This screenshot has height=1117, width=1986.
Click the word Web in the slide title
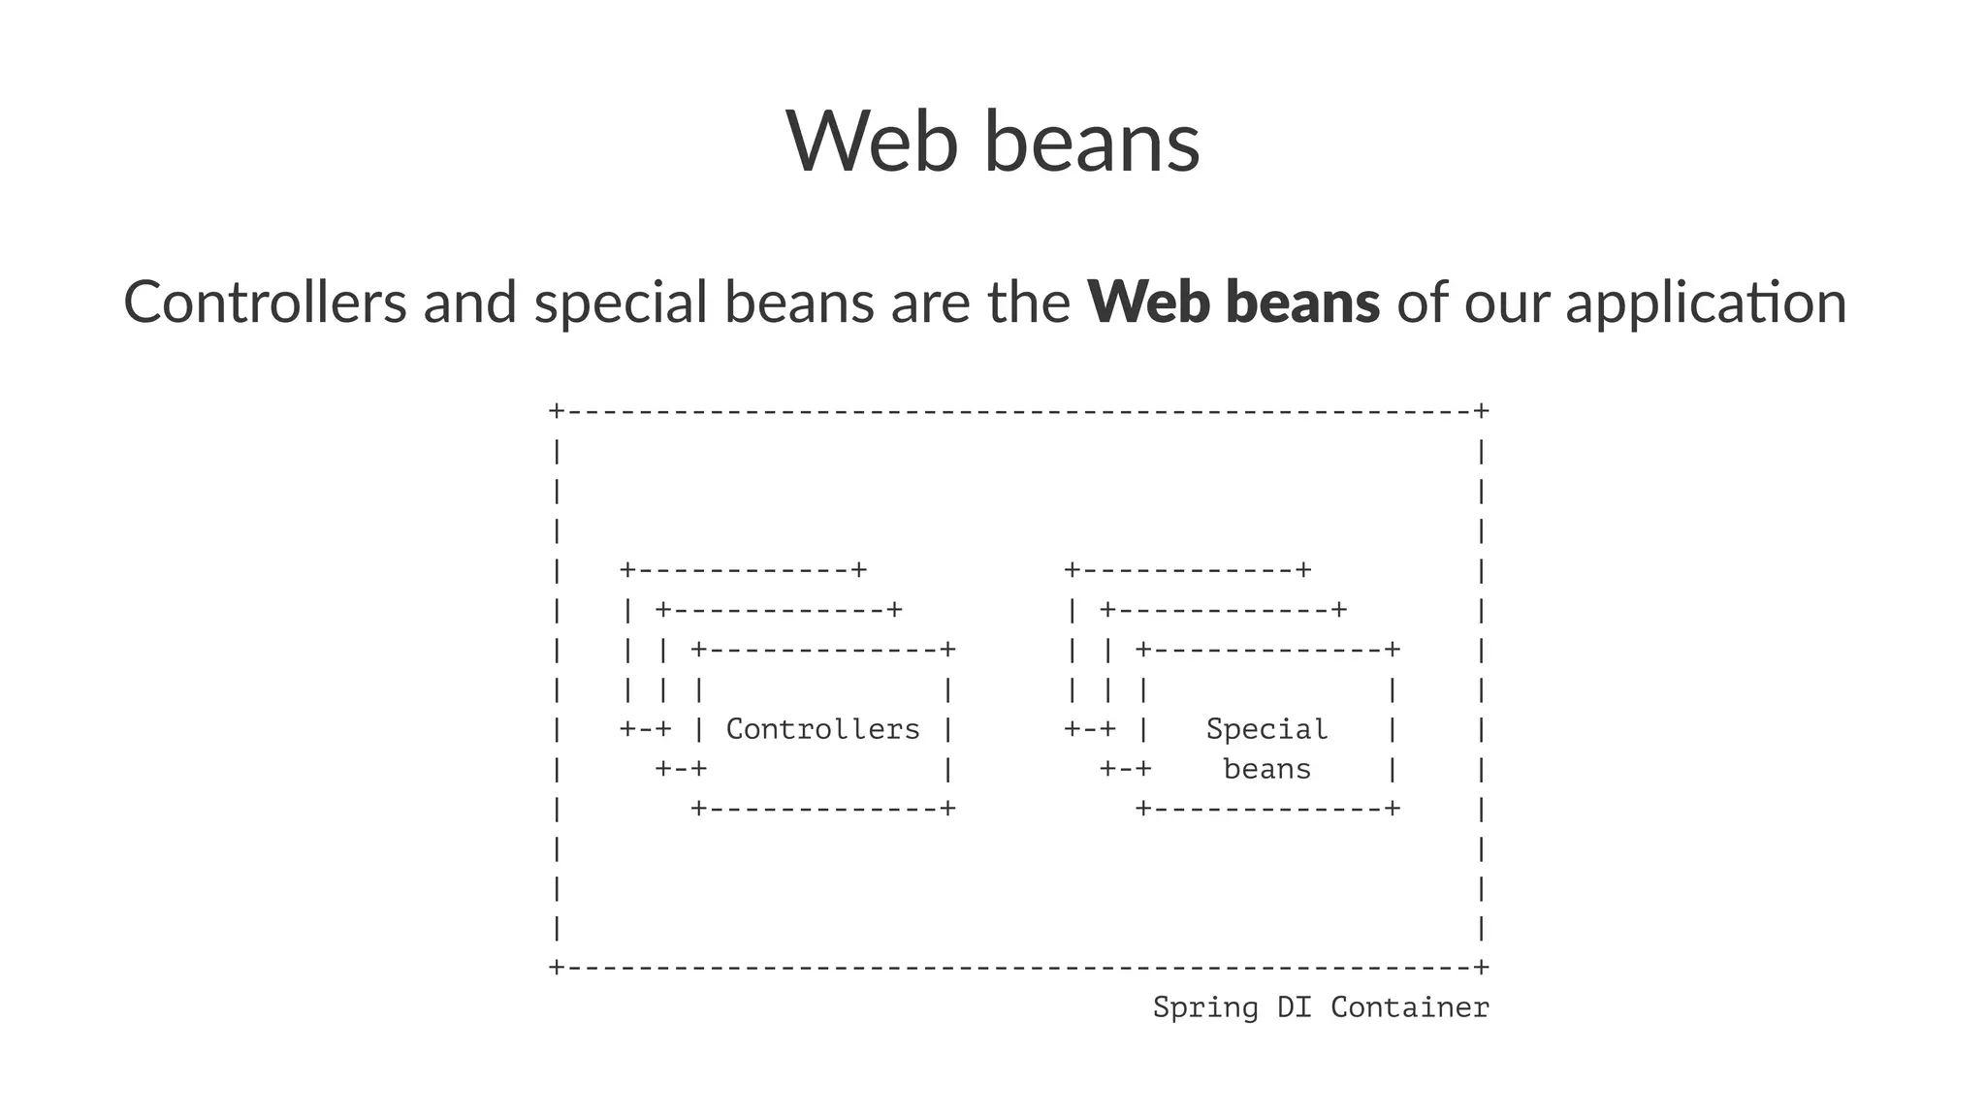click(871, 142)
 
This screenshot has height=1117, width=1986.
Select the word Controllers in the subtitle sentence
click(265, 302)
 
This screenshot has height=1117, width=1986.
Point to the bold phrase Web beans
click(1233, 302)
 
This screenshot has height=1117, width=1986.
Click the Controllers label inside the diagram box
click(822, 729)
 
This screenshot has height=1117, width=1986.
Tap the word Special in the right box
click(1266, 729)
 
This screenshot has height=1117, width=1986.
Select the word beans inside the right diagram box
click(1266, 770)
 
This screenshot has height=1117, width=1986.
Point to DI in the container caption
click(1294, 1007)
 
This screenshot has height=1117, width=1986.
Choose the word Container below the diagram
click(1409, 1007)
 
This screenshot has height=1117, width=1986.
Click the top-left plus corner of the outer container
click(556, 411)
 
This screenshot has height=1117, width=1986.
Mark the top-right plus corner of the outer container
click(1481, 411)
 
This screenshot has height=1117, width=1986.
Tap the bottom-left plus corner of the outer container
click(556, 967)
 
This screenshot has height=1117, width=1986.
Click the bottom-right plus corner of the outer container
click(1481, 967)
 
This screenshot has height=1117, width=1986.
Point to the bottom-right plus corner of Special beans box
click(1393, 808)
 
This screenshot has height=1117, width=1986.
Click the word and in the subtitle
click(469, 302)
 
